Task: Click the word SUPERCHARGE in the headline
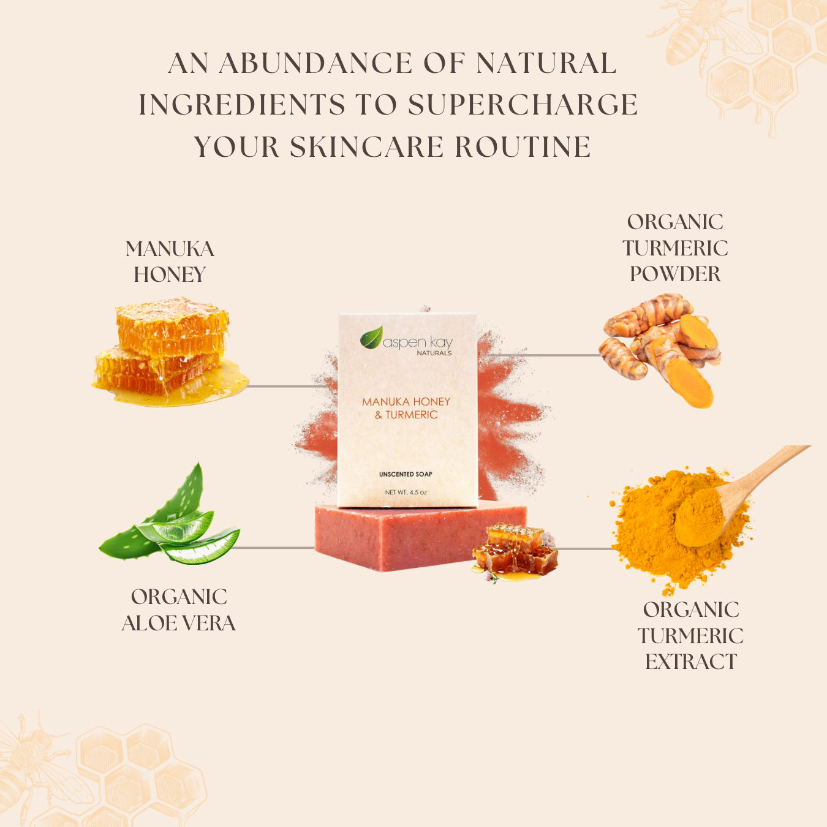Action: click(x=523, y=105)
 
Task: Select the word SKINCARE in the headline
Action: click(x=366, y=147)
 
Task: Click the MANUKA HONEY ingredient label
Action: click(x=170, y=262)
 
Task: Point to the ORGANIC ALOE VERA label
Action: click(x=179, y=610)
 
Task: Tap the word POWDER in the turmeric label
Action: click(x=675, y=274)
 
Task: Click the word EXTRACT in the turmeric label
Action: click(x=690, y=662)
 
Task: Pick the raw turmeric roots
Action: click(x=662, y=349)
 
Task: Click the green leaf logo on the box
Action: click(x=371, y=338)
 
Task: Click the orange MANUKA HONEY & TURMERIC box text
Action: click(x=406, y=408)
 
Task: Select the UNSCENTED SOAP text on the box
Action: click(x=406, y=474)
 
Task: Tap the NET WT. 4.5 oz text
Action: click(x=406, y=492)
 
